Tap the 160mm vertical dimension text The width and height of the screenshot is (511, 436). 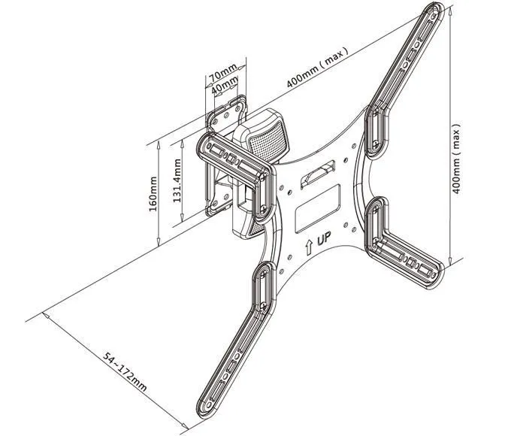tap(153, 194)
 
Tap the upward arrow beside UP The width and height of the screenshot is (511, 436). tap(308, 246)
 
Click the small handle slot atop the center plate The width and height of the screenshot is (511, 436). tap(319, 177)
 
